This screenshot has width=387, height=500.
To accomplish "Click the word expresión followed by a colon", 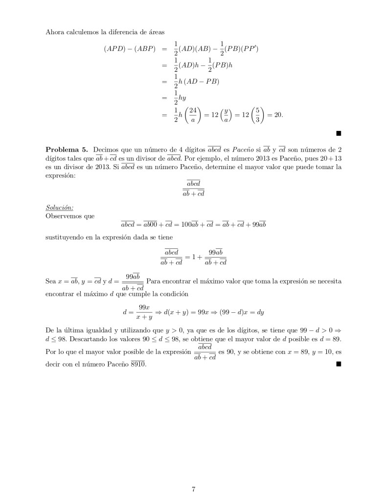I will click(x=61, y=176).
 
